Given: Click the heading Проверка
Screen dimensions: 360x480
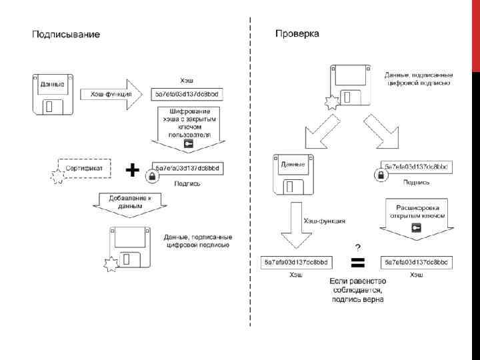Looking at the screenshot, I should click(x=297, y=33).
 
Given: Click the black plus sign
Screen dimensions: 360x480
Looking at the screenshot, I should click(x=133, y=171).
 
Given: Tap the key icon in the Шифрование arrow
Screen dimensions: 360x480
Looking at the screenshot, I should click(x=189, y=143).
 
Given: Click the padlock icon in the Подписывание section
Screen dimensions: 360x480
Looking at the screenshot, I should click(x=151, y=177).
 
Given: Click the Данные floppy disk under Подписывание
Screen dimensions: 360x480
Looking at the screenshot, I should click(x=53, y=93).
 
